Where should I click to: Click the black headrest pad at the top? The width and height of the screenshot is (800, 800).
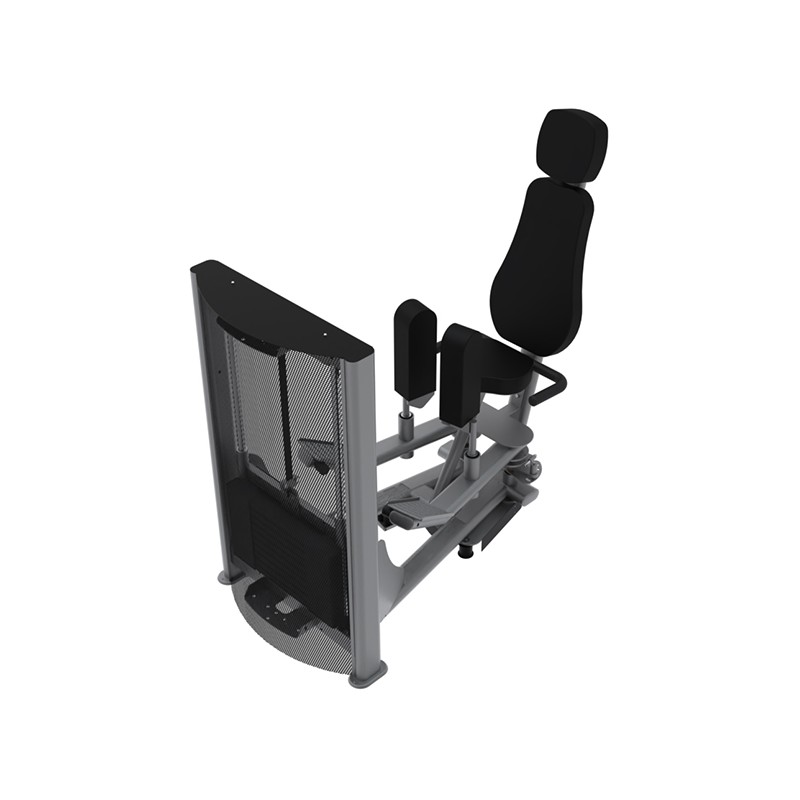pos(572,146)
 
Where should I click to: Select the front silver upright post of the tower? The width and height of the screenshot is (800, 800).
pos(362,520)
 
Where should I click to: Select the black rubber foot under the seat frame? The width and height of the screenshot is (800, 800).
pos(466,549)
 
